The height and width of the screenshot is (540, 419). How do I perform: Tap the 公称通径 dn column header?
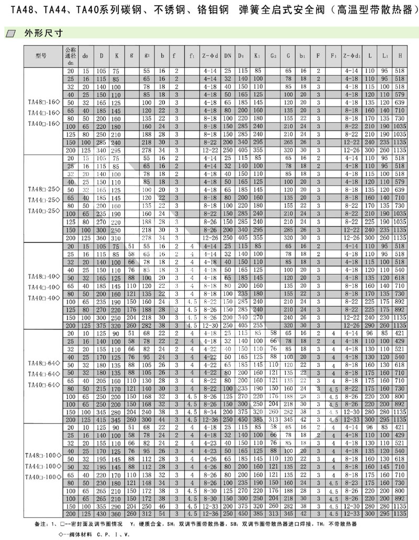[x=70, y=56]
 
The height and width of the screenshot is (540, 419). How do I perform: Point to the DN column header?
[x=228, y=56]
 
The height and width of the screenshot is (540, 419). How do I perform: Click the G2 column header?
[x=273, y=56]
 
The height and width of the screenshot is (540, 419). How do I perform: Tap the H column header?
[x=401, y=56]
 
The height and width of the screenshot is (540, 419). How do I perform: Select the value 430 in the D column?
[x=101, y=513]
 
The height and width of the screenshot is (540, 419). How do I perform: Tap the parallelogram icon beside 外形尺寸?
[x=12, y=33]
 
